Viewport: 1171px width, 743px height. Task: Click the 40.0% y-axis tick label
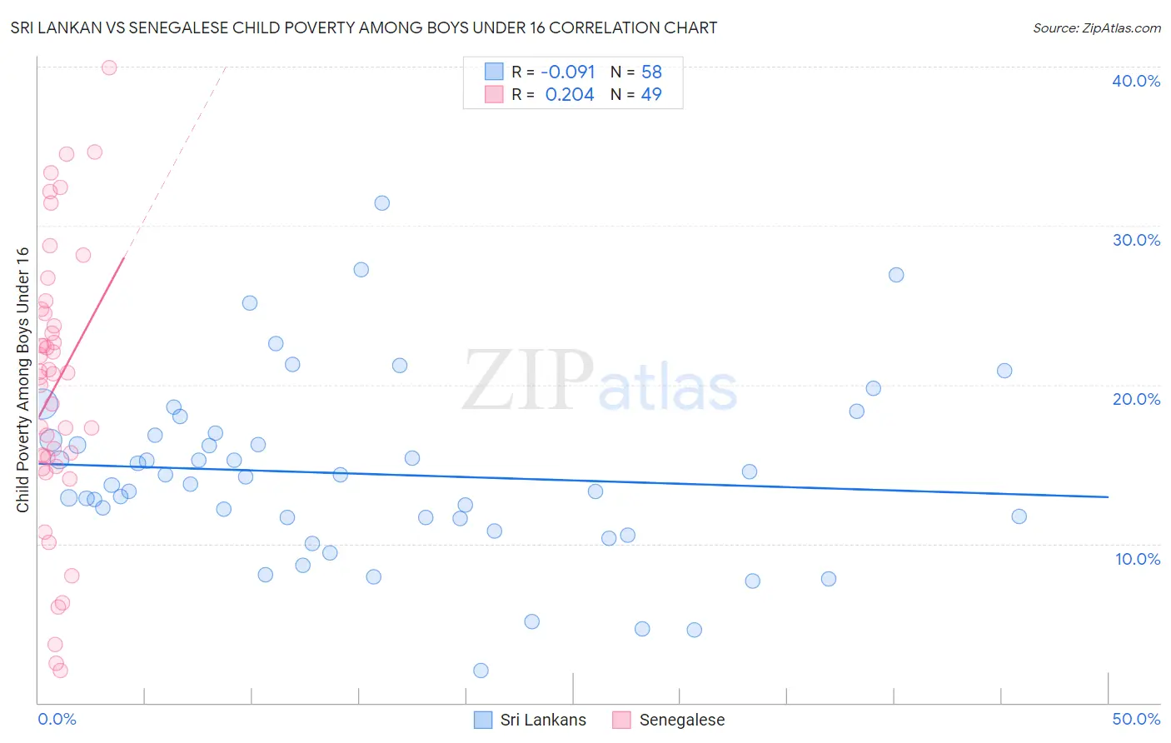[x=1136, y=81]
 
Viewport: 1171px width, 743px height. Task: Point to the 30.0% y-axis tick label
[x=1136, y=240]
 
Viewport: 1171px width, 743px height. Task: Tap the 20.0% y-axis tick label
[x=1136, y=399]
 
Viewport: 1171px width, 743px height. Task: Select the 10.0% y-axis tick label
[x=1138, y=559]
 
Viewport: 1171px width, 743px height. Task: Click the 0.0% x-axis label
[x=57, y=719]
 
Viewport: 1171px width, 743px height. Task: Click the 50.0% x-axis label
[x=1136, y=719]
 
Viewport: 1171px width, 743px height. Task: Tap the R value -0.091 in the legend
[x=568, y=72]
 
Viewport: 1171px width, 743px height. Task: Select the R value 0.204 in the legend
[x=570, y=95]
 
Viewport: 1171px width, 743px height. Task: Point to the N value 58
[x=651, y=72]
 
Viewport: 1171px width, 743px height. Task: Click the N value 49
[x=651, y=95]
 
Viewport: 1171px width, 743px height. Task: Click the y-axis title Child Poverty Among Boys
[x=22, y=380]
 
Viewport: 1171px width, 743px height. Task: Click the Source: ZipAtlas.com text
[x=1096, y=28]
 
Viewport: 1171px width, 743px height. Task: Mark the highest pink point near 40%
[x=109, y=67]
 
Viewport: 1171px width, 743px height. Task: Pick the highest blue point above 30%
[x=382, y=203]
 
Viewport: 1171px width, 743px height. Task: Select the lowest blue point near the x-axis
[x=481, y=671]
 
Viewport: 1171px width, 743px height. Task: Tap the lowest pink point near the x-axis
[x=60, y=671]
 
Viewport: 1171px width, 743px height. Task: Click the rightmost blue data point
[x=1019, y=516]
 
